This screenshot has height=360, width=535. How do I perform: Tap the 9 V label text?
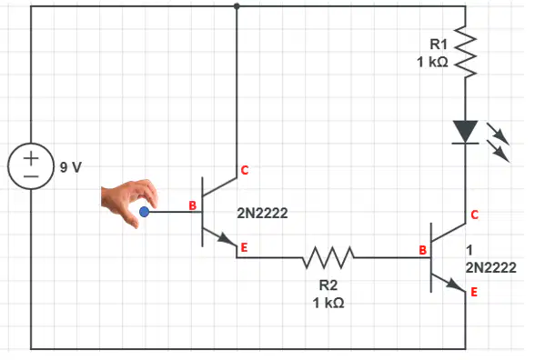click(x=71, y=167)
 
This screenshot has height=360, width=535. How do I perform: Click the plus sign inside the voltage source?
click(x=31, y=158)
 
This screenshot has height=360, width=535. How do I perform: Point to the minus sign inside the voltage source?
click(x=31, y=176)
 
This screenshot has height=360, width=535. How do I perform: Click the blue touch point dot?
click(x=145, y=212)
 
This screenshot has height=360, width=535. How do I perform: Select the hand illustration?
click(x=129, y=202)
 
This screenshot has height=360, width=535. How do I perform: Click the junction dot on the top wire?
click(x=237, y=6)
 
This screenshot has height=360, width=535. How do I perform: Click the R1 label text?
click(x=439, y=44)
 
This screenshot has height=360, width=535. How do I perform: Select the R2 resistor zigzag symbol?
click(x=328, y=258)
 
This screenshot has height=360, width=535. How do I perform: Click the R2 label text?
click(x=328, y=285)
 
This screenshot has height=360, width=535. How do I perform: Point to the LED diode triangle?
click(x=466, y=132)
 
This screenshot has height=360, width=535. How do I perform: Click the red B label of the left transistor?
click(x=193, y=205)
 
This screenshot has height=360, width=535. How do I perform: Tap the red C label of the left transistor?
click(x=245, y=170)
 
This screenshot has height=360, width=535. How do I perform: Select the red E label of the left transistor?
click(x=244, y=247)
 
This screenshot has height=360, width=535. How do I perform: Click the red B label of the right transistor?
click(x=423, y=250)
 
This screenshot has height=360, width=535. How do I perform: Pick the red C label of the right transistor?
click(x=475, y=215)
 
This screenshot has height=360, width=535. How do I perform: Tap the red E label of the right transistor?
click(x=474, y=292)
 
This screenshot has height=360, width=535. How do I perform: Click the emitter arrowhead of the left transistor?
click(x=227, y=239)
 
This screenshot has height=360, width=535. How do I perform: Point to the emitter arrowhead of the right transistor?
click(x=457, y=285)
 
